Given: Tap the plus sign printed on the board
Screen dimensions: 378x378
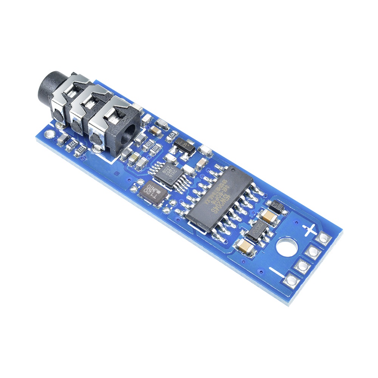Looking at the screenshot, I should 310,229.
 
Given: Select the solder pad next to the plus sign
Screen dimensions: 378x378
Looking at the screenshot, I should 324,238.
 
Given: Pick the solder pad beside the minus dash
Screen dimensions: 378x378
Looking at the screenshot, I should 291,280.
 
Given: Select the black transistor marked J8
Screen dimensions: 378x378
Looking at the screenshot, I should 184,145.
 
